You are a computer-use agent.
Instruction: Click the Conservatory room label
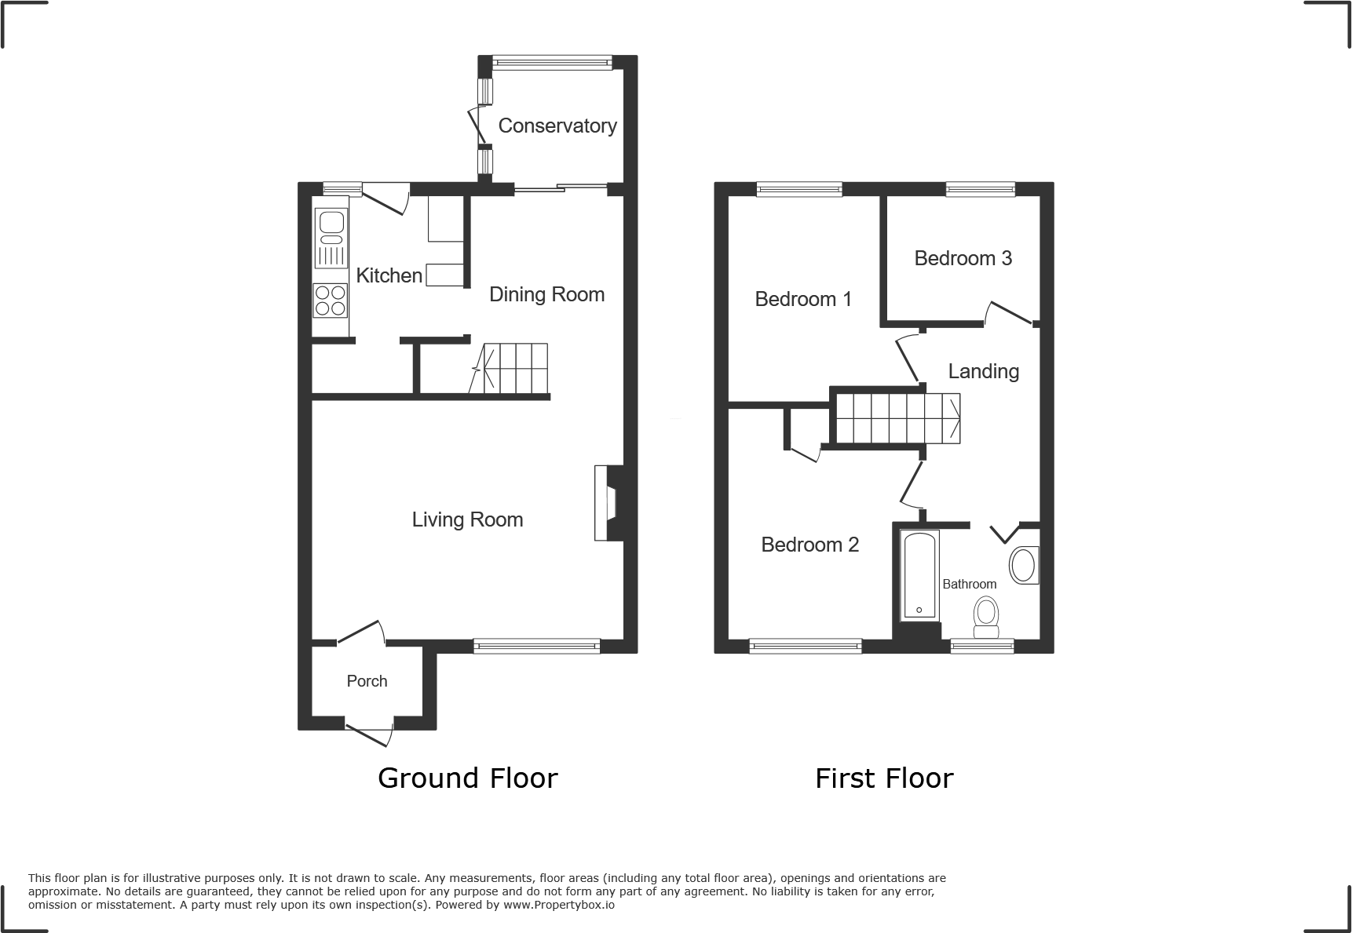pyautogui.click(x=557, y=126)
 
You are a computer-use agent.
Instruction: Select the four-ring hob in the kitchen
pyautogui.click(x=330, y=300)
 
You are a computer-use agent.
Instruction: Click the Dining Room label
pyautogui.click(x=546, y=294)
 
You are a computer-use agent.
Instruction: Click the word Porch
pyautogui.click(x=367, y=681)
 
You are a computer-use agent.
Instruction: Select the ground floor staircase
pyautogui.click(x=514, y=368)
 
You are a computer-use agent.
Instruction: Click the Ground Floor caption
pyautogui.click(x=467, y=778)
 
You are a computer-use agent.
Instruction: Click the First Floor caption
pyautogui.click(x=883, y=778)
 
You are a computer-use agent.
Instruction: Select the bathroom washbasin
pyautogui.click(x=1023, y=565)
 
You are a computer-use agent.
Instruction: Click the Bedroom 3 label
pyautogui.click(x=963, y=258)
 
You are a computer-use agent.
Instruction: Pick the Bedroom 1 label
pyautogui.click(x=802, y=299)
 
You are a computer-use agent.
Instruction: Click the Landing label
pyautogui.click(x=983, y=371)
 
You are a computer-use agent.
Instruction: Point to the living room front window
pyautogui.click(x=537, y=646)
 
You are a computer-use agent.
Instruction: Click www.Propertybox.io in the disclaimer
pyautogui.click(x=558, y=905)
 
